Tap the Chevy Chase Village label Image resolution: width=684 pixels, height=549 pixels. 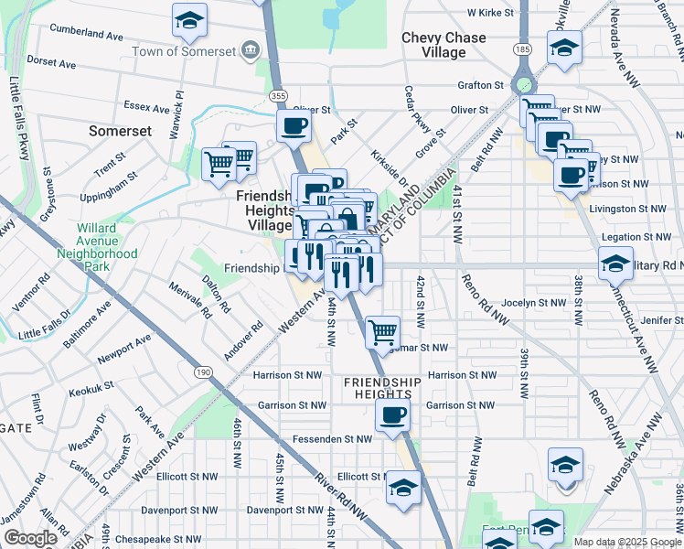click(x=446, y=45)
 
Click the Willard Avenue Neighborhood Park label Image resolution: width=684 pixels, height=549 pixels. click(x=97, y=241)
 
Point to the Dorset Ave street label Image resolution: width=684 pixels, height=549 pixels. click(x=51, y=65)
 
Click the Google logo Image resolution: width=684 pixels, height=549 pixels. click(x=29, y=538)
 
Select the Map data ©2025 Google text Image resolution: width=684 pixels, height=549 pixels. click(x=627, y=542)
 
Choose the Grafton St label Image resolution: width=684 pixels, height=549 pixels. click(x=481, y=85)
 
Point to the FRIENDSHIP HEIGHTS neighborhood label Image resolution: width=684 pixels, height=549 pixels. click(x=382, y=388)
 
